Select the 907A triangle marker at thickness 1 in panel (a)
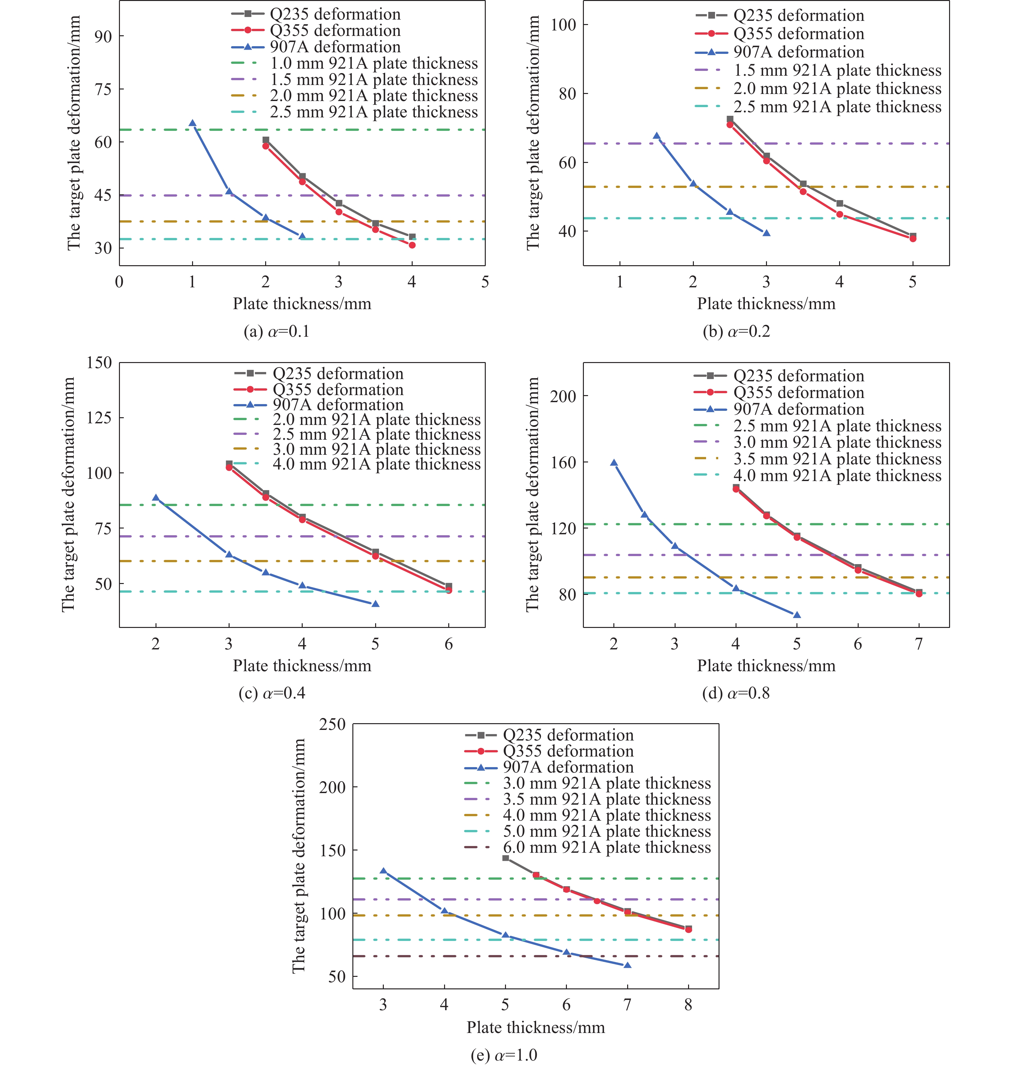click(192, 123)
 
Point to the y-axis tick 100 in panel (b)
click(563, 24)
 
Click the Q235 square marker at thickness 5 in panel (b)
click(913, 236)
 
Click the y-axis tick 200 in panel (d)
click(563, 396)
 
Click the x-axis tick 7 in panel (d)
click(919, 644)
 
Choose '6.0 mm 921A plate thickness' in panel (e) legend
click(606, 847)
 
